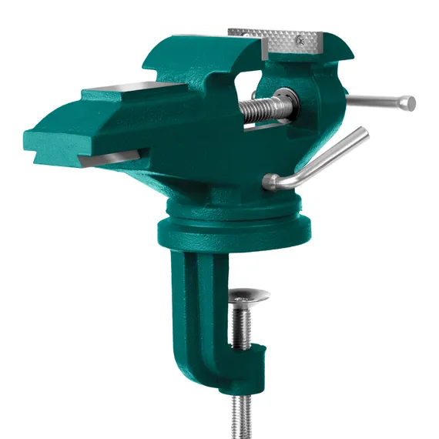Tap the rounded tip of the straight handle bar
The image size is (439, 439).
(411, 102)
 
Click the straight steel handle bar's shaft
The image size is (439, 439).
(377, 100)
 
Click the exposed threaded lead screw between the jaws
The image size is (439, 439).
(262, 108)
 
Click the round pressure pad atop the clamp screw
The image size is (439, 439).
(250, 295)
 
